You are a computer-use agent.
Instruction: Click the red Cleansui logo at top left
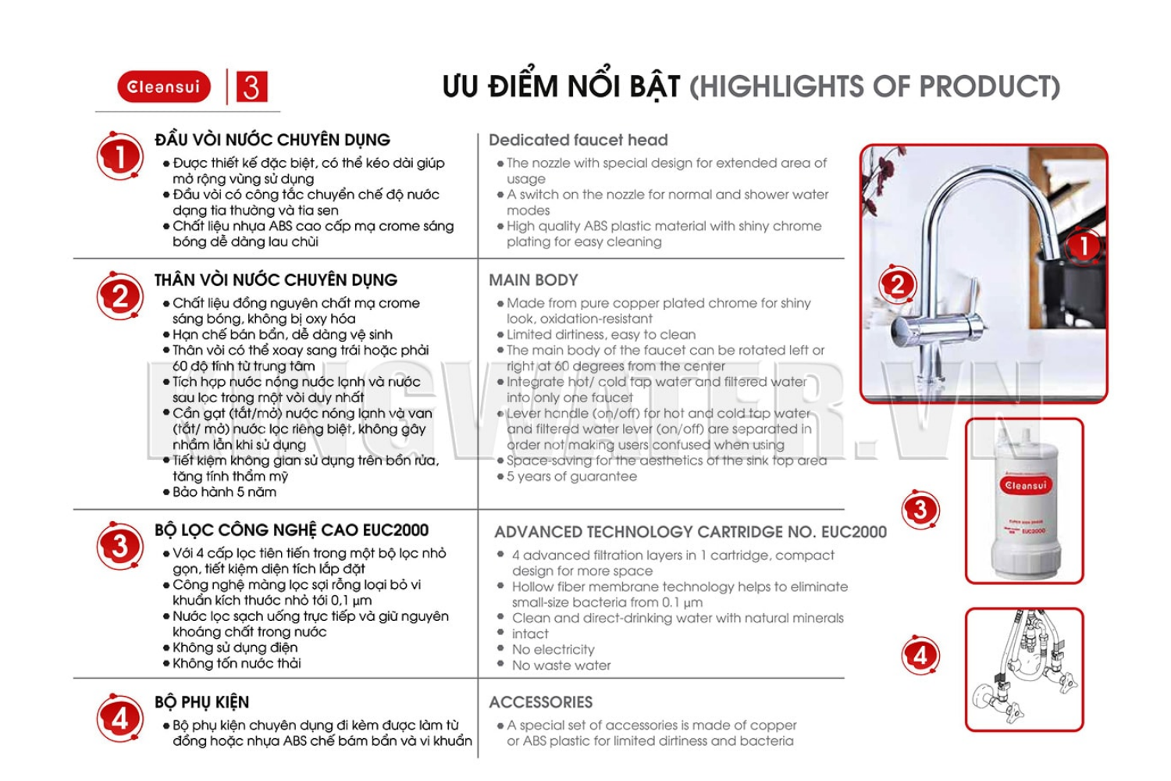[164, 87]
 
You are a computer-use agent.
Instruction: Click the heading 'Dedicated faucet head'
[578, 141]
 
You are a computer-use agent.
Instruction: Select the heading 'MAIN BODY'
[533, 280]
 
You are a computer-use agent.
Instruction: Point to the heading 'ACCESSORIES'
[540, 702]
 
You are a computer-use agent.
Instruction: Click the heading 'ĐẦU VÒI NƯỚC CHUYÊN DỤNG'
[272, 141]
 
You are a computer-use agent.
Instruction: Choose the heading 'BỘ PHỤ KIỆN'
[201, 702]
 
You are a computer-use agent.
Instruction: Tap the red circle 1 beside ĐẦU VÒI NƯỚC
[119, 156]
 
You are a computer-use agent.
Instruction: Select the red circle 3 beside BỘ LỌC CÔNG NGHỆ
[119, 546]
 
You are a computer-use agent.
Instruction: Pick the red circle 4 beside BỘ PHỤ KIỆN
[119, 718]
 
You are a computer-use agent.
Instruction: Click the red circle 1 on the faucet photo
[1084, 246]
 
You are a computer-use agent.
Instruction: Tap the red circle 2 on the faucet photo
[898, 285]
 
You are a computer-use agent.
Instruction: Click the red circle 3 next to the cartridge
[920, 510]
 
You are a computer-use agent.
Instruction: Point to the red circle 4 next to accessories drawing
[920, 655]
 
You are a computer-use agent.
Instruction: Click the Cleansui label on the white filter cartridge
[1025, 486]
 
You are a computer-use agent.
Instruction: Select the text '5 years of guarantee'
[571, 476]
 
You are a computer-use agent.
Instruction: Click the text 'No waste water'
[561, 665]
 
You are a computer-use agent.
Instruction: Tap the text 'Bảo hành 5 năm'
[224, 492]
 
